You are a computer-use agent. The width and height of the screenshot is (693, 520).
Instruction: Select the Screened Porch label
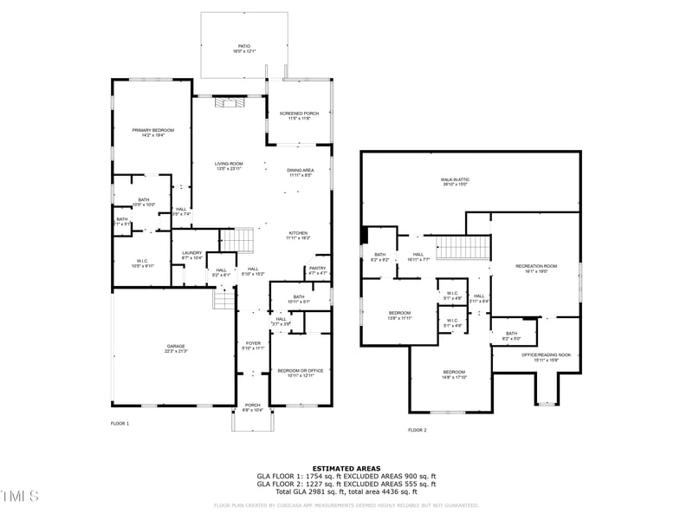299,115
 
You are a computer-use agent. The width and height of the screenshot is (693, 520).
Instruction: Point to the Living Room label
229,165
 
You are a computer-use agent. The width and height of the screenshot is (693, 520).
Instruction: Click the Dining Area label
300,172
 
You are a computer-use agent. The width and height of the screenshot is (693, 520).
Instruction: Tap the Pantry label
317,270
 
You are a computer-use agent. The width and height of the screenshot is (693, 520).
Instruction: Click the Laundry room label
191,255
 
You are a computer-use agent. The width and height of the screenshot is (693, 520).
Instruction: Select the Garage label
176,348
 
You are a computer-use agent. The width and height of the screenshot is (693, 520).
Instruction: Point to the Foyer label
253,345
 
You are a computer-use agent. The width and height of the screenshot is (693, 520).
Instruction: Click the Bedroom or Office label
295,372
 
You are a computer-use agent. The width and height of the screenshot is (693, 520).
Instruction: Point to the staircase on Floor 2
450,246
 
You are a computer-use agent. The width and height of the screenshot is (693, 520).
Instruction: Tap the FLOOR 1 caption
120,423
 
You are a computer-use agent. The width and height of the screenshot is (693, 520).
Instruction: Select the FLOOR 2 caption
417,430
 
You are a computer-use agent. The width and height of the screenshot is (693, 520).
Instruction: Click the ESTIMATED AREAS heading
346,468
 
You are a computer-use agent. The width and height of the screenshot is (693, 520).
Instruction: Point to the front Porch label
253,406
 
